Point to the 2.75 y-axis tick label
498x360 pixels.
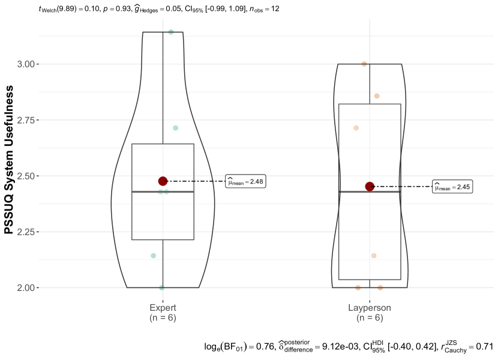pos(26,120)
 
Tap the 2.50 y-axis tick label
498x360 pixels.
pos(26,176)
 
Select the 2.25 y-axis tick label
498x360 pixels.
pos(26,232)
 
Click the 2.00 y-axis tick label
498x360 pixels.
pos(26,288)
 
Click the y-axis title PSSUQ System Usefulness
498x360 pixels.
pos(9,160)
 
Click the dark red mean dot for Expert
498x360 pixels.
pos(163,181)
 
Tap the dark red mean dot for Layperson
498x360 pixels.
pos(370,187)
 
